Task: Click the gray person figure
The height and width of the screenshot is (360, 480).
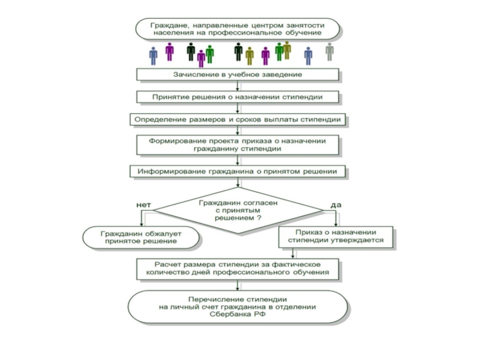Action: coord(329,52)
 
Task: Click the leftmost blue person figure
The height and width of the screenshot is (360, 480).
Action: coord(154,56)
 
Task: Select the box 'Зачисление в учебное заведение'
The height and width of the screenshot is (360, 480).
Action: coord(238,74)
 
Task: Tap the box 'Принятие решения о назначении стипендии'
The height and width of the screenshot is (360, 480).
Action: coord(238,97)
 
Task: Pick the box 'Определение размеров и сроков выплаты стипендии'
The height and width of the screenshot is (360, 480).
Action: coord(238,119)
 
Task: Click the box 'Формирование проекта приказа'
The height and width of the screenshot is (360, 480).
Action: coord(238,144)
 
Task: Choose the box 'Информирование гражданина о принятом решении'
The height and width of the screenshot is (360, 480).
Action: coord(238,171)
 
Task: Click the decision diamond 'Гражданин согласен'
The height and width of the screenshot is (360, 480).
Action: coord(238,211)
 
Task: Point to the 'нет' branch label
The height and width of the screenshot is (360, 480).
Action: coord(143,205)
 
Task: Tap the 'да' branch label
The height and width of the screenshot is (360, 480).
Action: coord(336,205)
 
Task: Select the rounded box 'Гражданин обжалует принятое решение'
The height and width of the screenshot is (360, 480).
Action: coord(142,237)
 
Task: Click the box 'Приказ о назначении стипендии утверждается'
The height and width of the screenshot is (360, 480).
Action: coord(335,236)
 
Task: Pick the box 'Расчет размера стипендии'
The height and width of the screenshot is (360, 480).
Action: coord(238,268)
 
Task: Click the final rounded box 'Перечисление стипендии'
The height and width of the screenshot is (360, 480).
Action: coord(238,307)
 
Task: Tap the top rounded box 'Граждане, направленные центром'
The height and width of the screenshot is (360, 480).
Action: coord(238,29)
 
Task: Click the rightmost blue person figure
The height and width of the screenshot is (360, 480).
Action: coord(308,56)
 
